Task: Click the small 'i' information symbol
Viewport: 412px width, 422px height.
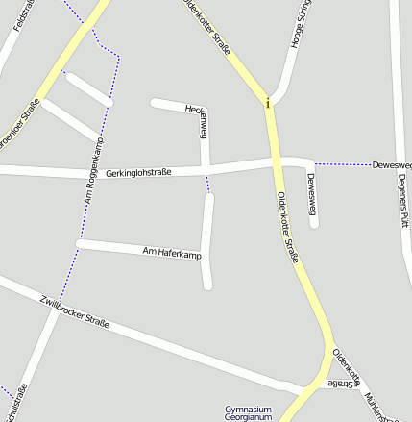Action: (x=268, y=103)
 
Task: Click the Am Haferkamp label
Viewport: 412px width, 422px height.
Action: (x=172, y=253)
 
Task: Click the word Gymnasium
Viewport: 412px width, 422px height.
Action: (x=248, y=410)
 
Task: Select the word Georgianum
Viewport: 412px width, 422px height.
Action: (x=248, y=418)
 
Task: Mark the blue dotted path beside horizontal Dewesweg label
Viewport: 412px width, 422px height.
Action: (x=343, y=164)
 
